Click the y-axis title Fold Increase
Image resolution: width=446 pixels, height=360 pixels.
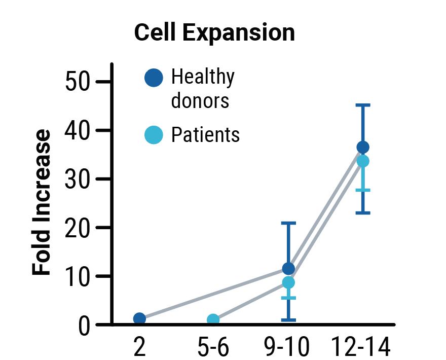43,203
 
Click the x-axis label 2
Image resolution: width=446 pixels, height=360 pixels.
139,348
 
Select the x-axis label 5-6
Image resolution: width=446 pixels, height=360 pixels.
213,348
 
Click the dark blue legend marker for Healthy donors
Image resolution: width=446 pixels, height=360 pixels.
154,78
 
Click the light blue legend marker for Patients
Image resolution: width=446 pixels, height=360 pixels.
154,135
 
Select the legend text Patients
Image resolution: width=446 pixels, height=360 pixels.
205,135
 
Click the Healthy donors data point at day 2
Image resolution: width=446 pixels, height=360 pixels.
139,318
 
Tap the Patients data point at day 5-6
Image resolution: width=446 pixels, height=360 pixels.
213,320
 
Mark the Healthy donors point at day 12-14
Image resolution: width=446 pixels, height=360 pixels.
363,148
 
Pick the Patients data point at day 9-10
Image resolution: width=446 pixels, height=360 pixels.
288,282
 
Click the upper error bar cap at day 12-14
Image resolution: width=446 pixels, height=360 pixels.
363,105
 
